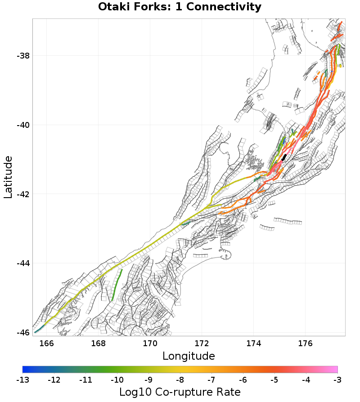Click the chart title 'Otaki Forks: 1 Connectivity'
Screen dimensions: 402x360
point(180,7)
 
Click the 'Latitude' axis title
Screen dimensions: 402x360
point(8,177)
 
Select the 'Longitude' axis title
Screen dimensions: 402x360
point(189,356)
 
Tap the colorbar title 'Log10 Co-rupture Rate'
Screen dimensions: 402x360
point(180,392)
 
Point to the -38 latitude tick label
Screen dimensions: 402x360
point(23,56)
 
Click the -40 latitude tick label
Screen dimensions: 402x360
point(23,125)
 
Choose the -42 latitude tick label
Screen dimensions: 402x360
point(23,194)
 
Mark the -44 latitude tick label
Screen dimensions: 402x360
point(23,263)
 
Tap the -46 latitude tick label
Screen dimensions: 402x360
point(23,333)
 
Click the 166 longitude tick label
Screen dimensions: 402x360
point(46,343)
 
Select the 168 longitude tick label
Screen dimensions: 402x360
point(98,343)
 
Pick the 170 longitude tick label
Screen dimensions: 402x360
point(150,343)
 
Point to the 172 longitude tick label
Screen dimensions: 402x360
point(202,343)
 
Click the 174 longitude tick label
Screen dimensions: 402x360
point(253,343)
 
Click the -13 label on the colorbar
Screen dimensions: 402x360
point(22,380)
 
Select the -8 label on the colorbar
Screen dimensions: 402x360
point(180,380)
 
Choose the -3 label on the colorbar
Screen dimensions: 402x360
point(337,380)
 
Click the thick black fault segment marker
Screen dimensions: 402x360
point(284,157)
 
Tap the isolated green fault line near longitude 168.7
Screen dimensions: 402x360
point(117,285)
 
